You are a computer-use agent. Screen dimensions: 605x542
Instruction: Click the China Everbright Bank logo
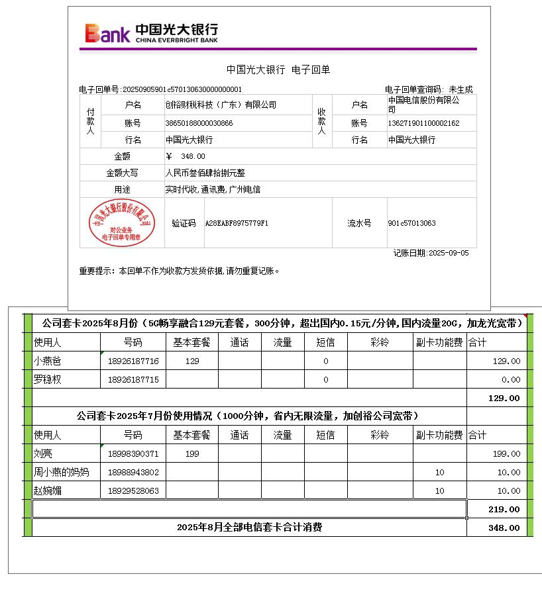(x=151, y=32)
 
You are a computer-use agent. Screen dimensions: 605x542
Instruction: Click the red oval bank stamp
(x=123, y=223)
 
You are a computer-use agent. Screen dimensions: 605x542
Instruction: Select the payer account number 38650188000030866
(x=199, y=123)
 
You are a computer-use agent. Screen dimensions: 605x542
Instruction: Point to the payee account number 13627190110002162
(x=423, y=123)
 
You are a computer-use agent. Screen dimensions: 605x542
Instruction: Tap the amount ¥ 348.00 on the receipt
(x=186, y=156)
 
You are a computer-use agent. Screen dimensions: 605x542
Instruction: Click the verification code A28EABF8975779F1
(x=237, y=223)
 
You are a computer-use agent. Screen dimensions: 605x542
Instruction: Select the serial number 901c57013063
(x=411, y=223)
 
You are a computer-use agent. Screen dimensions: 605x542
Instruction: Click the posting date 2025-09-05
(x=449, y=253)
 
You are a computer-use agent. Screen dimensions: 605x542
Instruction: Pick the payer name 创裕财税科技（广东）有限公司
(x=221, y=105)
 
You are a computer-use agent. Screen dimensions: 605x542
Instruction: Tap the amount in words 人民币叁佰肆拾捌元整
(x=205, y=173)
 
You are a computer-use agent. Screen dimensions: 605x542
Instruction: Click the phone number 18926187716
(x=133, y=361)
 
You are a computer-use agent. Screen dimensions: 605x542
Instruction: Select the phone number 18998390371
(x=133, y=454)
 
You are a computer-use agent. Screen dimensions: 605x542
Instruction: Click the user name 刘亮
(x=42, y=454)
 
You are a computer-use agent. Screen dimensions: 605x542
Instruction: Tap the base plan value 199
(x=192, y=454)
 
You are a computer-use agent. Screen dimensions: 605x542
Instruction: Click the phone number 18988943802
(x=133, y=473)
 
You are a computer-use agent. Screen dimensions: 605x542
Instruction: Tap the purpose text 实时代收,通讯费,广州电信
(x=213, y=189)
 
